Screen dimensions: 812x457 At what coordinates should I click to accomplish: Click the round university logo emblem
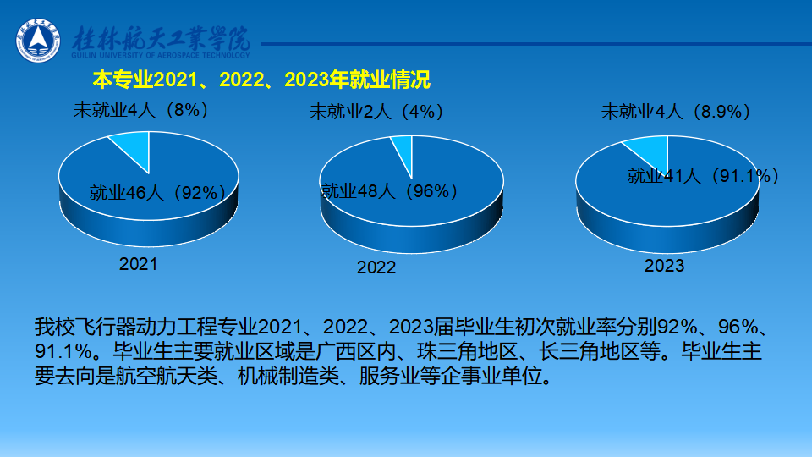click(x=38, y=41)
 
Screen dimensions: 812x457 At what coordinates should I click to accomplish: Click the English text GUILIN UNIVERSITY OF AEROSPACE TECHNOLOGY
click(x=161, y=55)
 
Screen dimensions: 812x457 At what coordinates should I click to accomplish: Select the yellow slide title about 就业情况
click(x=261, y=80)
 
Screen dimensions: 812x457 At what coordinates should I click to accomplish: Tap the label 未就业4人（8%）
click(x=141, y=110)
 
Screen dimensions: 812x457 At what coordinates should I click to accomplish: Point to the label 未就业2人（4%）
click(x=376, y=112)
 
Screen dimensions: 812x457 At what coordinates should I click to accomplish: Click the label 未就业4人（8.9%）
click(x=676, y=112)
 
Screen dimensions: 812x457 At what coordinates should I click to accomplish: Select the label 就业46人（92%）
click(x=157, y=193)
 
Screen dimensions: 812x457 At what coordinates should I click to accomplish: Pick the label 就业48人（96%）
click(x=389, y=191)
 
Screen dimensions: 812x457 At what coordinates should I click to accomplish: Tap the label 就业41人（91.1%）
click(x=703, y=176)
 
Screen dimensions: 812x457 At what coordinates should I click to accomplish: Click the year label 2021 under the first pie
click(x=138, y=264)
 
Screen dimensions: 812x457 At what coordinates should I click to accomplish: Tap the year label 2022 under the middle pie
click(x=376, y=267)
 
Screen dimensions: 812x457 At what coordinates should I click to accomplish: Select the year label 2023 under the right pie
click(x=665, y=266)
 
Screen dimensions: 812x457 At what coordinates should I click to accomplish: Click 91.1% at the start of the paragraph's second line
click(x=63, y=351)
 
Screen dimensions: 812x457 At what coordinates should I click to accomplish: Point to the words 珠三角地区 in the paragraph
click(x=467, y=351)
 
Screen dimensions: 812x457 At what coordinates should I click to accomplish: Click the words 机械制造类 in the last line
click(x=288, y=376)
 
